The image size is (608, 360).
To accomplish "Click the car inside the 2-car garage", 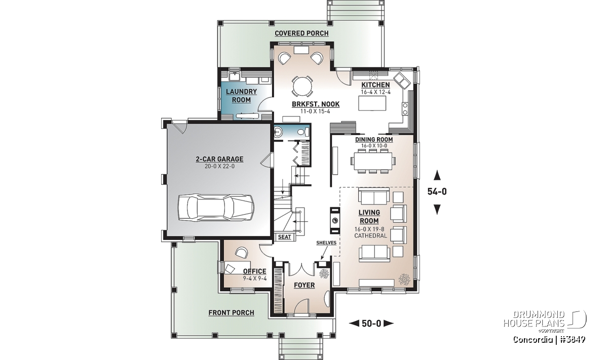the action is (216, 208).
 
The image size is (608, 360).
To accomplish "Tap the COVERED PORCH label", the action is (301, 33).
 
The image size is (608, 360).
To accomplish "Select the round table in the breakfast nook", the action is (302, 86).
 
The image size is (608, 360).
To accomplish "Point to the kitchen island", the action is (372, 103).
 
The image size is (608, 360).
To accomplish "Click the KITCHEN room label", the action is (375, 85).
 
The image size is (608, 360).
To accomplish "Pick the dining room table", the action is (373, 161).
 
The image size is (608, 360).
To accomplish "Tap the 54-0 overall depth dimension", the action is (437, 192).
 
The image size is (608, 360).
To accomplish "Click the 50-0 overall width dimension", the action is (371, 324).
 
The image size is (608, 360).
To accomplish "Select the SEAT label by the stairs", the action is (284, 237).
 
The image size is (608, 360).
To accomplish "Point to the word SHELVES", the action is (326, 243).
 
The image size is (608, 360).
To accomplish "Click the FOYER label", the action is (305, 286).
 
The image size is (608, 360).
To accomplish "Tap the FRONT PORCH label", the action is (231, 313).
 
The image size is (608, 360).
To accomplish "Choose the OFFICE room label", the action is (254, 271).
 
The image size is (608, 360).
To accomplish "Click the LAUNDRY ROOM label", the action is (241, 96).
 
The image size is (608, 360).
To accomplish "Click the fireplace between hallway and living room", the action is (335, 221).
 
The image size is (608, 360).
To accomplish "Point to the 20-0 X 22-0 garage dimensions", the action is (219, 166).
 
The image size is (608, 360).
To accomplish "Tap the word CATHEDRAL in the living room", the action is (370, 236).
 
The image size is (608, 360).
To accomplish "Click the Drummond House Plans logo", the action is (545, 322).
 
